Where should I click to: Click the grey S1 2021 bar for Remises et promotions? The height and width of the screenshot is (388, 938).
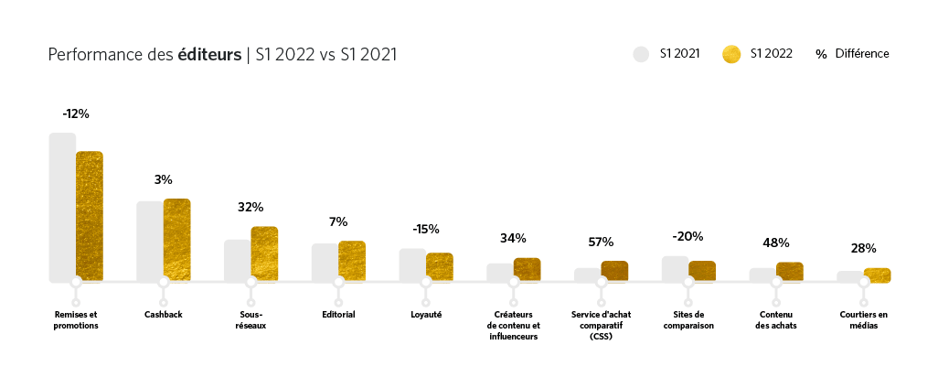click(x=62, y=206)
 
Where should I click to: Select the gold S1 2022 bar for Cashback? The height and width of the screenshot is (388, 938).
click(x=177, y=239)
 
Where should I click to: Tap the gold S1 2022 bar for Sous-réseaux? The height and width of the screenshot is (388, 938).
click(x=264, y=253)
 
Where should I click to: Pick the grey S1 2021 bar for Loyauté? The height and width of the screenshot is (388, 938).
click(x=411, y=264)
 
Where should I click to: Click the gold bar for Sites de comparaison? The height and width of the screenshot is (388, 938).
click(x=702, y=270)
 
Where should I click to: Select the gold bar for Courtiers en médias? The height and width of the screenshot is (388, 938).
click(x=878, y=275)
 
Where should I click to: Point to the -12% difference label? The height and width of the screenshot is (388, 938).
click(x=76, y=113)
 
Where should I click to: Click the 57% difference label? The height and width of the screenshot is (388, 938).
click(x=601, y=242)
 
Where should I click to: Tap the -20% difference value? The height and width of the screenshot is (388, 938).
click(x=688, y=236)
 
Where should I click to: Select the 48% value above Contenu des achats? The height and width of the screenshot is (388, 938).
click(x=776, y=242)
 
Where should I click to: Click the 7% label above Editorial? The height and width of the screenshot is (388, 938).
click(x=338, y=221)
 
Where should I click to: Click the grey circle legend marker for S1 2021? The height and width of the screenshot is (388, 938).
click(x=641, y=54)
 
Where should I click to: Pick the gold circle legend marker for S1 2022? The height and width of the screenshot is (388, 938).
click(x=731, y=54)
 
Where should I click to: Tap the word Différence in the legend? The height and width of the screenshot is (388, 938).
click(x=862, y=54)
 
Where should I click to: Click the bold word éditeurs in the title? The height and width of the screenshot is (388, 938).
click(x=209, y=55)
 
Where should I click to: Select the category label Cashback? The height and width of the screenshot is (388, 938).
click(x=163, y=315)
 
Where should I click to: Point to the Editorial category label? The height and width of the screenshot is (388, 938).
click(x=338, y=315)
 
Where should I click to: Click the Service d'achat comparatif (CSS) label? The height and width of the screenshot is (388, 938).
click(x=601, y=326)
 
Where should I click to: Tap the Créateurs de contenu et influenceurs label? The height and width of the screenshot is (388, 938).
click(x=514, y=326)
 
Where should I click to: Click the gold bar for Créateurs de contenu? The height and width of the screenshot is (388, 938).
click(x=527, y=268)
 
